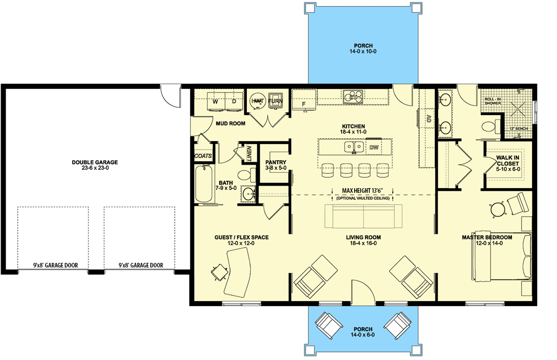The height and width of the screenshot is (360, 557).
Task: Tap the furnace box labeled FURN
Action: [277, 100]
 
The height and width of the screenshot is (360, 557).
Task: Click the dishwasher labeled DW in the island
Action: [374, 148]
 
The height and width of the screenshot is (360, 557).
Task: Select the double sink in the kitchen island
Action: [354, 147]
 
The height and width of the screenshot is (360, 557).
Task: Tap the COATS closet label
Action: [203, 156]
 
